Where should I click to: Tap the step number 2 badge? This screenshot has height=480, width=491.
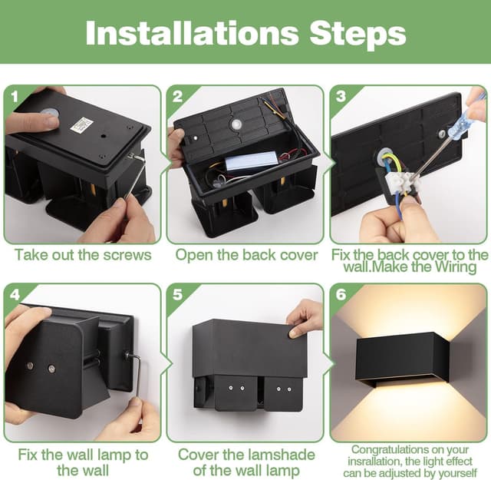178,97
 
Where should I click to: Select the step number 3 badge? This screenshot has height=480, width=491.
341,97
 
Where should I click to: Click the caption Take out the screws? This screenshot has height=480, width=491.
82,255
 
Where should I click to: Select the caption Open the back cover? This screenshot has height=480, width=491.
246,255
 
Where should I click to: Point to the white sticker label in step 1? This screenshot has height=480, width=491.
81,124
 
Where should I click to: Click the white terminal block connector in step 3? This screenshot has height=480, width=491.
402,181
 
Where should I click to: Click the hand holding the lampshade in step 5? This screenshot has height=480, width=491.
305,316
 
